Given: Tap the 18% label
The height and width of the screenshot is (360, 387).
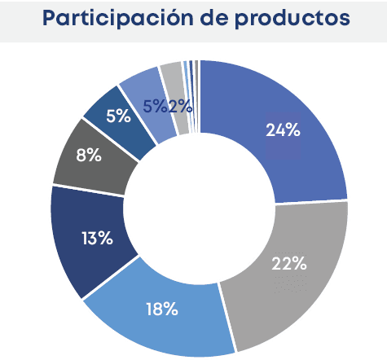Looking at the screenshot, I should pyautogui.click(x=162, y=308).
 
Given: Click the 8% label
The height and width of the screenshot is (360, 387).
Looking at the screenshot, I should pyautogui.click(x=88, y=156).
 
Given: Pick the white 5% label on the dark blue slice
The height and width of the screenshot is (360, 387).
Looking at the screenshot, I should pyautogui.click(x=118, y=116).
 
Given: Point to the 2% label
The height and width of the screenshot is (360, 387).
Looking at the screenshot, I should pyautogui.click(x=180, y=105).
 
